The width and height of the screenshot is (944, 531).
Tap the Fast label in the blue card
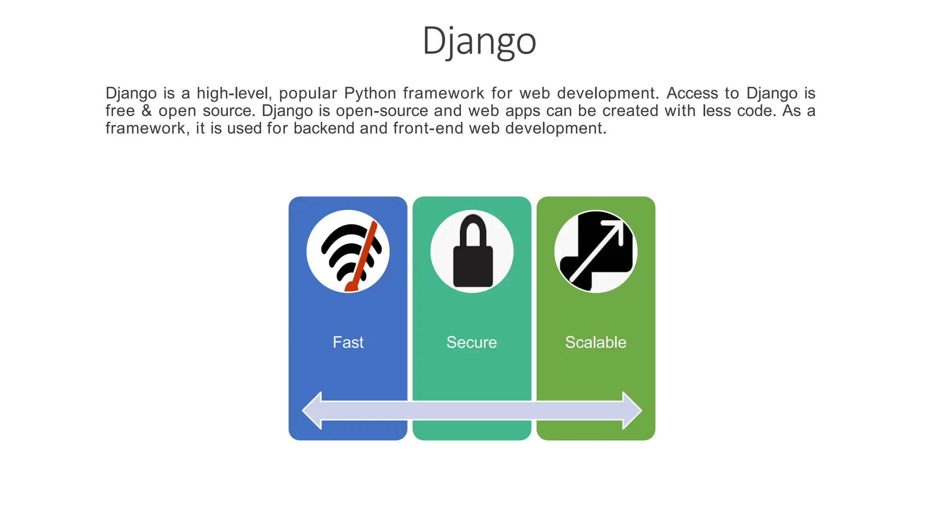(348, 342)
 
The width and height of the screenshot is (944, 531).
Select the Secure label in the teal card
(472, 342)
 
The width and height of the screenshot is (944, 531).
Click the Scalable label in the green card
(596, 342)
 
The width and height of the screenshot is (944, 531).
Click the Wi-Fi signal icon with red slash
(348, 251)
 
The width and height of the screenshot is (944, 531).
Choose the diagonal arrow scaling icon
(596, 251)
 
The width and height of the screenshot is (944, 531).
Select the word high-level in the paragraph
(234, 93)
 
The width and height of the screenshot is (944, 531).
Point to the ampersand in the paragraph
(147, 111)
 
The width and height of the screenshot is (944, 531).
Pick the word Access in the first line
(692, 93)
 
